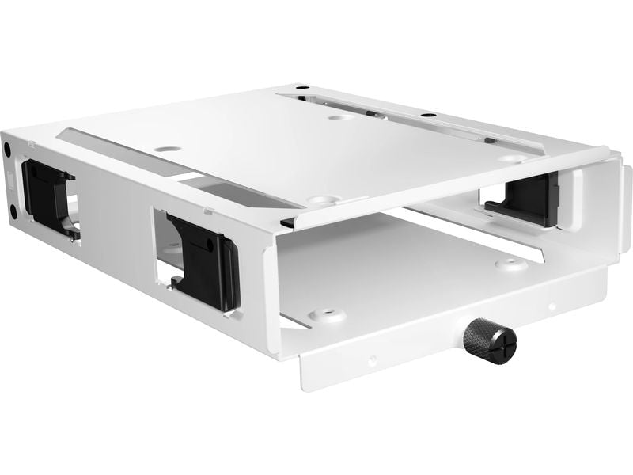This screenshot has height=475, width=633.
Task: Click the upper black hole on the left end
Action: (x=6, y=147)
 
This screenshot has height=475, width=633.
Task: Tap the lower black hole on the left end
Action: (x=13, y=211)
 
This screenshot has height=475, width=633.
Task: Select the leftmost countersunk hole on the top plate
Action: (x=168, y=147)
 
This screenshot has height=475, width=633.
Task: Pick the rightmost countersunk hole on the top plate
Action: (x=508, y=158)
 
